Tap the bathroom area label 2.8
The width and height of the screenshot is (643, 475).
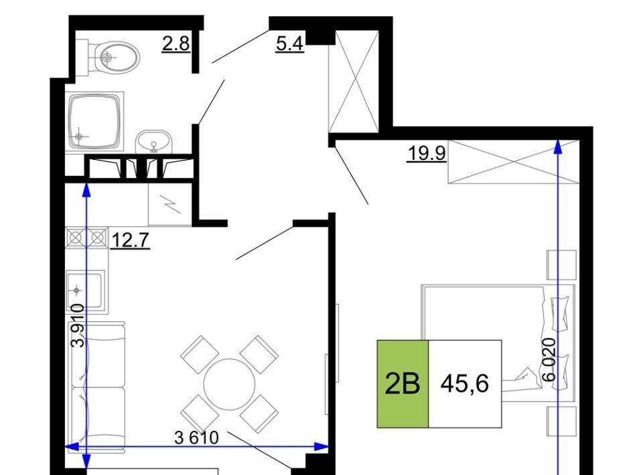pyautogui.click(x=176, y=43)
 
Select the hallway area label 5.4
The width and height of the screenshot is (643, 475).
pyautogui.click(x=289, y=43)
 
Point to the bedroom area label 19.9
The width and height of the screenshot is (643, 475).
pyautogui.click(x=427, y=154)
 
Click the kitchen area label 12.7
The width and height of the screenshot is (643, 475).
pyautogui.click(x=130, y=240)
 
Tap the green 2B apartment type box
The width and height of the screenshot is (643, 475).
pyautogui.click(x=403, y=384)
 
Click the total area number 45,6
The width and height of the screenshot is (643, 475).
pyautogui.click(x=465, y=384)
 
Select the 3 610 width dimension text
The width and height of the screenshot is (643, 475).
pyautogui.click(x=196, y=438)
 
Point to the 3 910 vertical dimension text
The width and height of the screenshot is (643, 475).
pyautogui.click(x=78, y=326)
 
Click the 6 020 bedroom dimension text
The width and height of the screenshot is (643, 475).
pyautogui.click(x=549, y=359)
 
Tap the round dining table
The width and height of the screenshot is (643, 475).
pyautogui.click(x=230, y=384)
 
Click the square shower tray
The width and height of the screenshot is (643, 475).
pyautogui.click(x=94, y=121)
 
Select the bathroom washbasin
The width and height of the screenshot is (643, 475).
pyautogui.click(x=153, y=142)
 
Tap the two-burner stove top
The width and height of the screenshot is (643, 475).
pyautogui.click(x=87, y=237)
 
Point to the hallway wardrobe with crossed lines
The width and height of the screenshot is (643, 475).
pyautogui.click(x=354, y=81)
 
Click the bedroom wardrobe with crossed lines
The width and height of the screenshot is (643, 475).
pyautogui.click(x=514, y=162)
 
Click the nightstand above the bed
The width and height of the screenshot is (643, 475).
pyautogui.click(x=562, y=265)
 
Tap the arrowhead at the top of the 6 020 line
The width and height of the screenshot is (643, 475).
pyautogui.click(x=558, y=147)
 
